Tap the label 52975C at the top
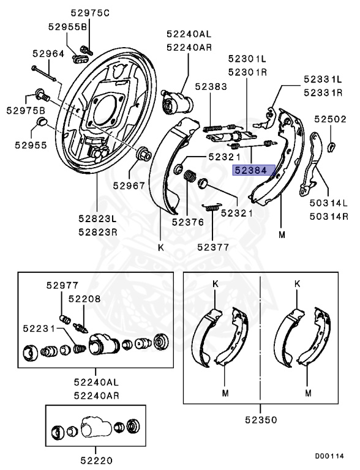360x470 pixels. coord(90,13)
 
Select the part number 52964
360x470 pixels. coord(48,54)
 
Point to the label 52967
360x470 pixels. coord(129,186)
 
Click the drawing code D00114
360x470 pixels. coord(329,456)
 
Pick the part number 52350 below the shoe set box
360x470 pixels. coord(261,420)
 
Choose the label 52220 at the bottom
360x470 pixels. coord(96,461)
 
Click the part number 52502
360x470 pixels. coord(330,119)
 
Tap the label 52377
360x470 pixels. coord(213,247)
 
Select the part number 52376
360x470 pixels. coord(188,222)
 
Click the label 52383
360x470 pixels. coord(211,87)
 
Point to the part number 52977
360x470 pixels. coord(62,285)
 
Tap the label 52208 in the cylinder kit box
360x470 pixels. coord(84,299)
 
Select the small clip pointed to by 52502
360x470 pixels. coord(331,147)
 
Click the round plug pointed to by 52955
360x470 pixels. coord(42,122)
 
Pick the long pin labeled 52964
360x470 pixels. coord(44,73)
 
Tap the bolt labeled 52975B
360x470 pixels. coord(43,95)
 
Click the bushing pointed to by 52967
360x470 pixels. coord(143,154)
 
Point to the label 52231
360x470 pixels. coord(39,329)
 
